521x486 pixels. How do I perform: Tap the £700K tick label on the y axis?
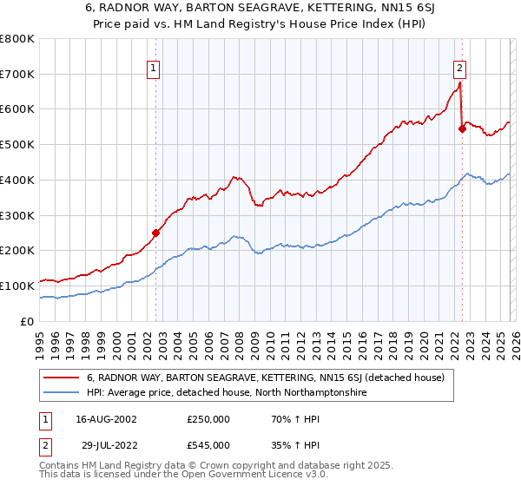coord(17,75)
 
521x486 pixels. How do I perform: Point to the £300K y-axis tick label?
coord(17,215)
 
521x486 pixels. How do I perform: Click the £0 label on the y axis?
coord(27,321)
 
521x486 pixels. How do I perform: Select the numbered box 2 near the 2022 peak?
coord(458,67)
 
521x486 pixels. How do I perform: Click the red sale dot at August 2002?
coord(156,233)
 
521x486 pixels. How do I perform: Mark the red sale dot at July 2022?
coord(462,129)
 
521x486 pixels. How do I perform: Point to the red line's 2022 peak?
coord(459,83)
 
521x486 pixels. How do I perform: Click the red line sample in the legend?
coord(62,378)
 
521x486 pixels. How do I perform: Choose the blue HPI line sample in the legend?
coord(62,393)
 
